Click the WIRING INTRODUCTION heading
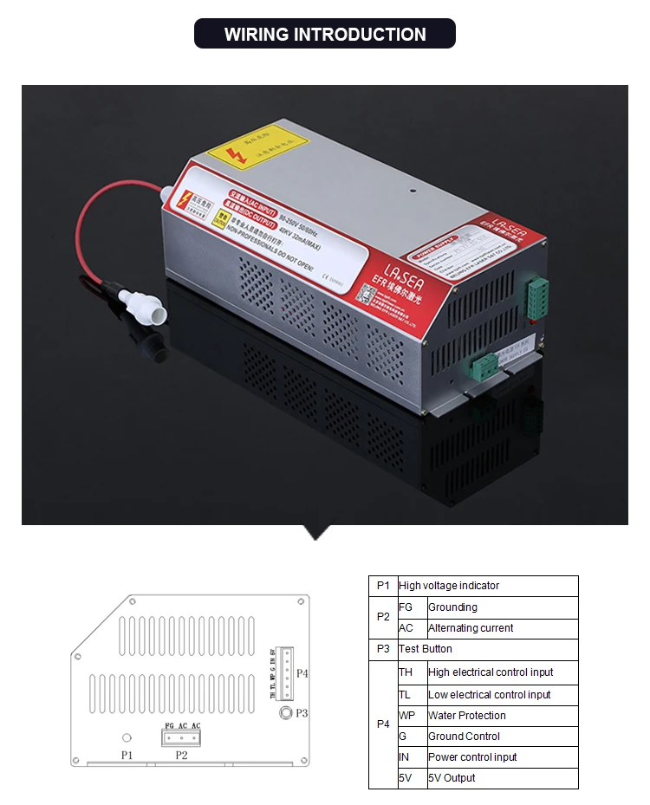(x=325, y=35)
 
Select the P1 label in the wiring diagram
(x=127, y=756)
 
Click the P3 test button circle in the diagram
(x=285, y=712)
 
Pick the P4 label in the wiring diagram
(x=302, y=672)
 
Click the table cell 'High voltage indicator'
(x=449, y=586)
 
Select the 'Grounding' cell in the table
(x=452, y=607)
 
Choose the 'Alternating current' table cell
(x=471, y=628)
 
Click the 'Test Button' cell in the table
(x=426, y=649)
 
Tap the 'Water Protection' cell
(x=466, y=716)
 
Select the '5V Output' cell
(x=452, y=778)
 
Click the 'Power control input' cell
(x=472, y=757)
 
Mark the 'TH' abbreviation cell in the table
(x=406, y=672)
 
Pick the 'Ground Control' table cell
(x=464, y=737)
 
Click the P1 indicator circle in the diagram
(x=127, y=737)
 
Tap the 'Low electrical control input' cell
(x=489, y=695)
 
